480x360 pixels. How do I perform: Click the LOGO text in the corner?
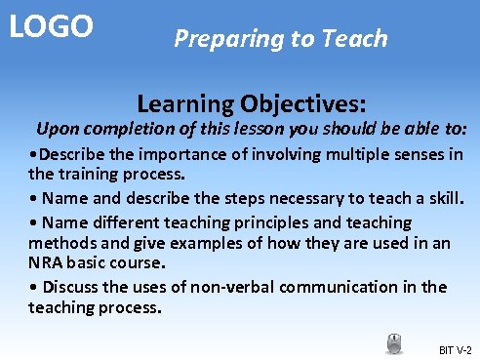coord(51,25)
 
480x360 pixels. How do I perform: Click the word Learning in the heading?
coord(184,103)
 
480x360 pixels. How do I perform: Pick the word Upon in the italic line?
coord(57,130)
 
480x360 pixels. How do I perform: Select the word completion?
coord(129,130)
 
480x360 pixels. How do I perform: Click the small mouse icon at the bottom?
coord(394,343)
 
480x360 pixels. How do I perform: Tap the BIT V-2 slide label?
coord(455,349)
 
